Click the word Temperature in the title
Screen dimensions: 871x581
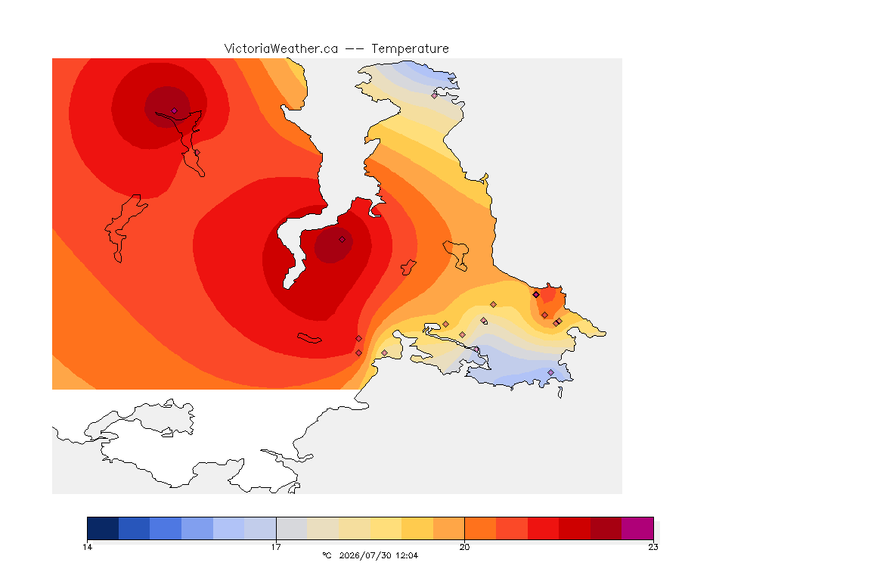point(410,49)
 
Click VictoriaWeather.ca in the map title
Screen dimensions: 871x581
point(281,49)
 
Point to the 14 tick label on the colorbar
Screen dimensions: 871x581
point(87,547)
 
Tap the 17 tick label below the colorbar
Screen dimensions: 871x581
point(276,547)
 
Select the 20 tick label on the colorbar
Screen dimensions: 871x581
point(464,547)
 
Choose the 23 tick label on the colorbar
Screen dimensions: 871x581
point(653,547)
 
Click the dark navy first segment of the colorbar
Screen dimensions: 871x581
point(103,528)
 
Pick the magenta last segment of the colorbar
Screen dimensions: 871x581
point(637,528)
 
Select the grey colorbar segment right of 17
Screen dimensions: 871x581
point(292,528)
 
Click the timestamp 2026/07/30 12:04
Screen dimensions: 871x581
point(378,555)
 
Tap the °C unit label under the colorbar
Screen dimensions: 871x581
point(327,555)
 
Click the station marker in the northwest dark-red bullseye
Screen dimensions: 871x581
point(174,110)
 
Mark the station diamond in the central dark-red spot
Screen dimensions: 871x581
point(343,240)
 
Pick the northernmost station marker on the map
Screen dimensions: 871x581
point(435,95)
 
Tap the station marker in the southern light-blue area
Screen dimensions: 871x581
point(550,372)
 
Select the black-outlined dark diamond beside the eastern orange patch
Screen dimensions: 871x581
point(536,295)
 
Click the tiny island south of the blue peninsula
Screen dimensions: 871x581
point(560,393)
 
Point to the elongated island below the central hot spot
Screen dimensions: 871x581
point(309,338)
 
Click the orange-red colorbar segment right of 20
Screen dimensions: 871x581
point(480,528)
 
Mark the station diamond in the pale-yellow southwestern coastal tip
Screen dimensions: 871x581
point(384,353)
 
